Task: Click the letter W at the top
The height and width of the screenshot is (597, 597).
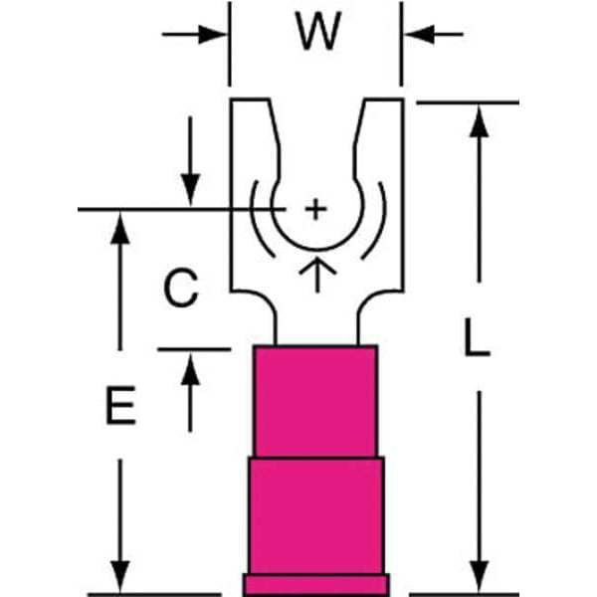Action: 315,36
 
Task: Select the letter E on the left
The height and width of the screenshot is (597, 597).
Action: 119,409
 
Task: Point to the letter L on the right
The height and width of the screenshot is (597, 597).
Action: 478,341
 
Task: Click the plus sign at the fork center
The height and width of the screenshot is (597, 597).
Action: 315,209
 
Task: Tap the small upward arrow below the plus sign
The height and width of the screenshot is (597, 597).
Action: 317,269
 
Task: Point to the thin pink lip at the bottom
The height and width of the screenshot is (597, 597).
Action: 315,583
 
